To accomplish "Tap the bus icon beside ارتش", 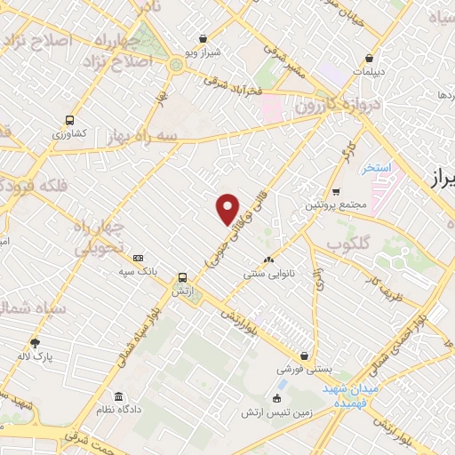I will click(x=182, y=277).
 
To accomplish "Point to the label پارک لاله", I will click(x=36, y=356).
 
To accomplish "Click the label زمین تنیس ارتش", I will click(x=275, y=413).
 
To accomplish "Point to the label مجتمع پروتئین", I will click(x=336, y=205).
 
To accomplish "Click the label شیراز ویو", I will click(x=204, y=52).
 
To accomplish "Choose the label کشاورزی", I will click(x=68, y=133).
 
